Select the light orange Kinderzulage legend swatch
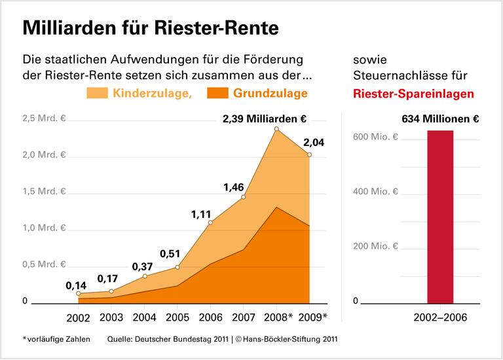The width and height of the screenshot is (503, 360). pos(98,94)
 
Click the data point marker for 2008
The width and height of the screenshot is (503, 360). pos(276,129)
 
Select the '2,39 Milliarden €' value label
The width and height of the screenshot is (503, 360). pos(265,119)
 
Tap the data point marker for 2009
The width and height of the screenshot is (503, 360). pos(309,155)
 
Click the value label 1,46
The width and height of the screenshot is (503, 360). pos(234,187)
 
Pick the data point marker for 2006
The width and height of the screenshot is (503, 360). pos(210,223)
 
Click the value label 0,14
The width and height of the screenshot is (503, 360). pos(77,286)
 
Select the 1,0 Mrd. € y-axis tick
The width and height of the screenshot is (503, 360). pos(45,228)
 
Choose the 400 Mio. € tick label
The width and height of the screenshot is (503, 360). pos(375,192)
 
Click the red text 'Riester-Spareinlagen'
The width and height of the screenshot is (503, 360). pos(413,94)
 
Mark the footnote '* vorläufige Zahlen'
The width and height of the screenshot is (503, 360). pos(56,339)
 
